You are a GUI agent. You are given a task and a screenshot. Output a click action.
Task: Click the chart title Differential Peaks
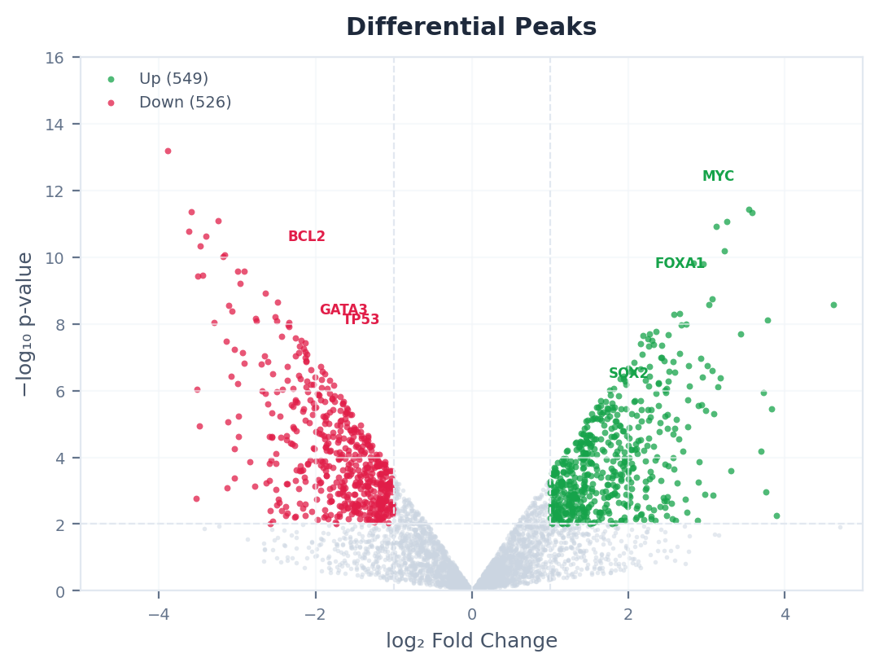point(471,28)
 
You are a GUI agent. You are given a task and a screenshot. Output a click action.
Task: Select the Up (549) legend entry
point(173,79)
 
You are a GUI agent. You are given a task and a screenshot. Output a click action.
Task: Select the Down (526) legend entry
point(185,103)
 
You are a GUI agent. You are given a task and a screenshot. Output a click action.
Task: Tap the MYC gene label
point(718,177)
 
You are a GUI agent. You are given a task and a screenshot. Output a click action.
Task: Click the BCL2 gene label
point(307,237)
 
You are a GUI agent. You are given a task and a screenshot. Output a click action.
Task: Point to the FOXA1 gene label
point(680,264)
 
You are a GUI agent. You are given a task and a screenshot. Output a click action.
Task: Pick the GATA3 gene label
point(343,310)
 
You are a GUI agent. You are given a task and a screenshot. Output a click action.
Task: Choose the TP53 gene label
point(361,320)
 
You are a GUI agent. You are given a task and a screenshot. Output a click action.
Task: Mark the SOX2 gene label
point(628,374)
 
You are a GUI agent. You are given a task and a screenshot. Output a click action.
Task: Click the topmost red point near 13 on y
point(168,151)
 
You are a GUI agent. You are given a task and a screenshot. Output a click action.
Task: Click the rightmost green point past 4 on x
point(833,305)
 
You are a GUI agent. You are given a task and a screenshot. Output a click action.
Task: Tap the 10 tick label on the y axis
point(60,257)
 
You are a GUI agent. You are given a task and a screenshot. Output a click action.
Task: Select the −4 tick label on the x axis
point(158,613)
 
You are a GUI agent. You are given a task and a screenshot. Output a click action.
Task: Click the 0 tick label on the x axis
point(471,613)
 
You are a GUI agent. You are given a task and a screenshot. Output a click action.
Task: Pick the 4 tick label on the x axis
point(785,613)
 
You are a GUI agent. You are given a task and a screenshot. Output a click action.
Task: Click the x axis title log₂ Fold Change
point(471,641)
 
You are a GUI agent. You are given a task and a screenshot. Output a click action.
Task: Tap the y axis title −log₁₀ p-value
point(26,324)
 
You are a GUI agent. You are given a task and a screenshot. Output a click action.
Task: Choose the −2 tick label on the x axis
point(314,613)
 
